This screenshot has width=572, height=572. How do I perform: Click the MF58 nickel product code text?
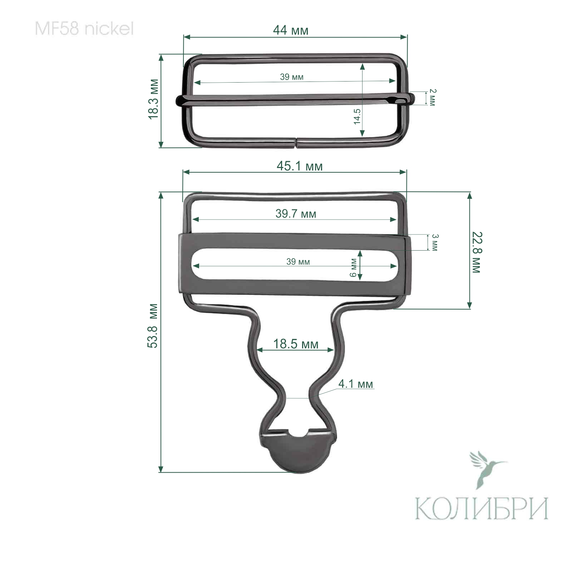(x=84, y=29)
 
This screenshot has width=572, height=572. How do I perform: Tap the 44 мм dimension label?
(x=290, y=30)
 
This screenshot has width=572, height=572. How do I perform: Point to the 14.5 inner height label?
(x=357, y=116)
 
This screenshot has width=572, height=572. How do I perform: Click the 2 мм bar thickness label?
(x=432, y=97)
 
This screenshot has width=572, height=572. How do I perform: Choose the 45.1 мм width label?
(x=300, y=166)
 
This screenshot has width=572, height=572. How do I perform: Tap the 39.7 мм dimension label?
(x=296, y=214)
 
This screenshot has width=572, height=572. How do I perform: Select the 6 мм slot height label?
(x=353, y=268)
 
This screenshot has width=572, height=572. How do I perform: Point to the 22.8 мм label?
(x=477, y=252)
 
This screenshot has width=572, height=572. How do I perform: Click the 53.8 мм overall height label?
(x=153, y=325)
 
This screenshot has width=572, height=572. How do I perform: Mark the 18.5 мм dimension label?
(x=296, y=344)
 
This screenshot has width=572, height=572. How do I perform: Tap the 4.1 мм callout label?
(x=355, y=384)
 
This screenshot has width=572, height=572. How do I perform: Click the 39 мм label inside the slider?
(x=292, y=77)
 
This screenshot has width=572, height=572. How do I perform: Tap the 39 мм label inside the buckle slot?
(x=298, y=262)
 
